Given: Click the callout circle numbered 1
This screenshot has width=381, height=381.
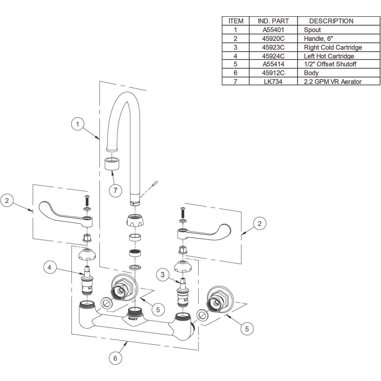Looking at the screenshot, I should tap(77, 124).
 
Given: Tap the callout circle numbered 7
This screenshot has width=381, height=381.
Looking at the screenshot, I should tap(115, 190).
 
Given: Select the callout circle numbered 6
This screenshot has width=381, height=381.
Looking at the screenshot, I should tap(115, 358).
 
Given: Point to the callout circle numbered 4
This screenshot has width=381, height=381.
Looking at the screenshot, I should tap(50, 267).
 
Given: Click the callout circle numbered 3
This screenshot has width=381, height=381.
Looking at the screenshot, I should tap(163, 275).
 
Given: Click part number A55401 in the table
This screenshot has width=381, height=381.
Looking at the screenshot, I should tap(273, 30).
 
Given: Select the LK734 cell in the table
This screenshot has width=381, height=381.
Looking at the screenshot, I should tap(273, 82).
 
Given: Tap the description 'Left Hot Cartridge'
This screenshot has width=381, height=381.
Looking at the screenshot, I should tap(329, 56).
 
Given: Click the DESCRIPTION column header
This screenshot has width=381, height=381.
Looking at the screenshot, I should tap(331, 21).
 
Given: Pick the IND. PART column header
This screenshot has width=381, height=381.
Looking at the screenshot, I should tap(273, 21).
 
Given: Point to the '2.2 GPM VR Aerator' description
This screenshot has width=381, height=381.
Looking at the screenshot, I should tap(332, 82).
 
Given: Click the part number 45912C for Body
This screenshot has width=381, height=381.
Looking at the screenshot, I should tap(273, 73).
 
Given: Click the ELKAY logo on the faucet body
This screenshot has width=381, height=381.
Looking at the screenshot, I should tap(131, 316).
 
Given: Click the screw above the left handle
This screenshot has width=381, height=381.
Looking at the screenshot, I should tap(86, 200).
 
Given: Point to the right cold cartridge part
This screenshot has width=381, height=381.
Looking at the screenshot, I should tap(182, 292).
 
